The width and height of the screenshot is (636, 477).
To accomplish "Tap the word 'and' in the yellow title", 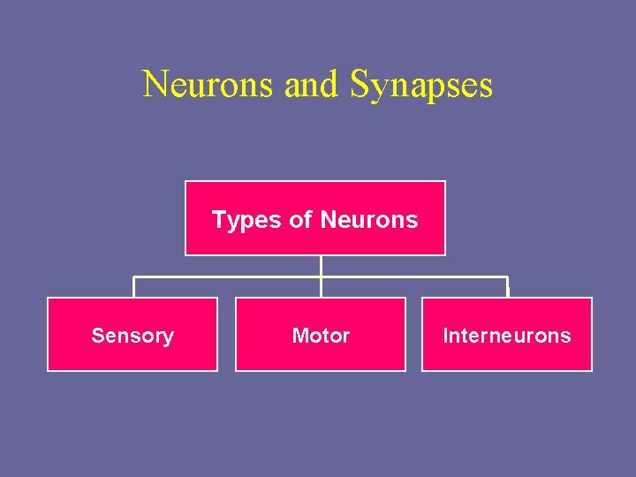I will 311,85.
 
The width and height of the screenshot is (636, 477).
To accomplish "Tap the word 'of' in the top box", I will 300,220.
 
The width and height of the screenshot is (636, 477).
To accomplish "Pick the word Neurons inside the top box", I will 368,220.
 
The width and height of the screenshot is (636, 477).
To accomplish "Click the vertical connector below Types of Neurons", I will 321,265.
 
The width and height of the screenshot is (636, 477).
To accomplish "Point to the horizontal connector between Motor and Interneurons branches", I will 415,277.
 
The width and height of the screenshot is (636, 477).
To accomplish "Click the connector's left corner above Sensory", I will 133,278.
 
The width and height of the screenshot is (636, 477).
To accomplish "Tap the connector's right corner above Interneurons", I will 508,278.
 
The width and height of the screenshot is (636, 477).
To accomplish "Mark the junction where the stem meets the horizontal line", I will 321,277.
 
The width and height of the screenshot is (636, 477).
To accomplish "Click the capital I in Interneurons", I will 445,336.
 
